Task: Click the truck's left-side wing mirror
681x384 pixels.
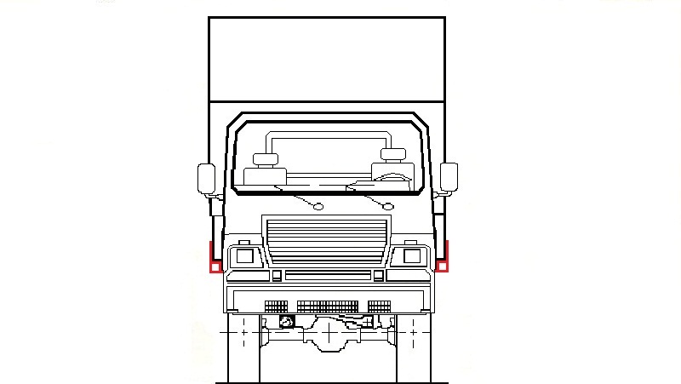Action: pos(207,179)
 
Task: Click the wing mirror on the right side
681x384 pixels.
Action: pos(449,178)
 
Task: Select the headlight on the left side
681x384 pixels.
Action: pos(244,255)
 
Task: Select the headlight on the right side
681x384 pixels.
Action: pos(411,255)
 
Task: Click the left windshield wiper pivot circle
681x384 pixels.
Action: pos(318,206)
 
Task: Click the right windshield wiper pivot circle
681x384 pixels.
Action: pos(388,206)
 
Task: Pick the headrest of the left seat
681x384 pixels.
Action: pos(266,158)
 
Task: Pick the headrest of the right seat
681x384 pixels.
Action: pos(393,154)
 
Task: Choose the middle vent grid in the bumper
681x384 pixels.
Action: pos(328,307)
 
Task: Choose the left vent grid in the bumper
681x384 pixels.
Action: pos(277,307)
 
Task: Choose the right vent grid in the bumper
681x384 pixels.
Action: pos(380,307)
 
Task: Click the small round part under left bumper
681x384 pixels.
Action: pos(287,322)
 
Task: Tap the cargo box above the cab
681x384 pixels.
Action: pos(327,60)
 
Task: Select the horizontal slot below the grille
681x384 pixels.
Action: pos(328,275)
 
